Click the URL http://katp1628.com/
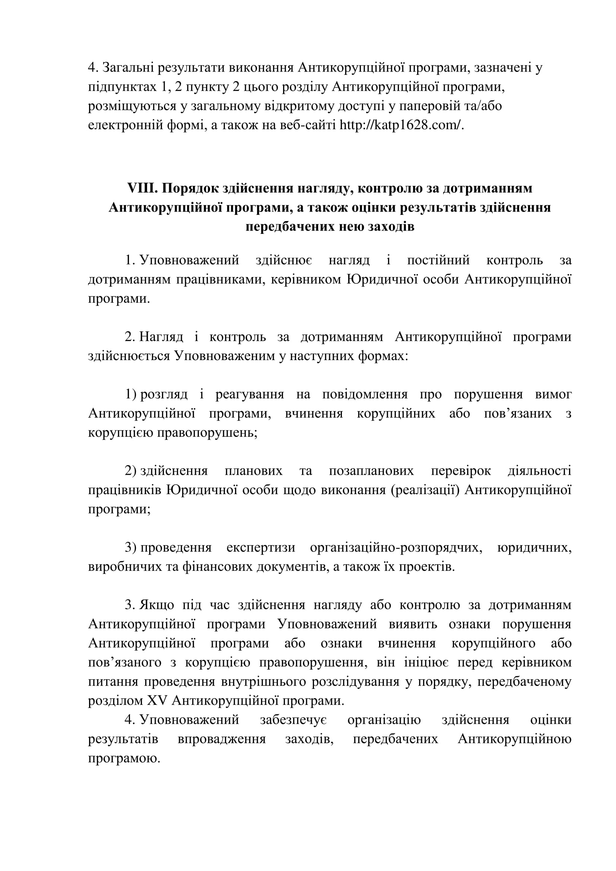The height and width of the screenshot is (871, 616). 402,125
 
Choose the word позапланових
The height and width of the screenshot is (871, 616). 371,471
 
